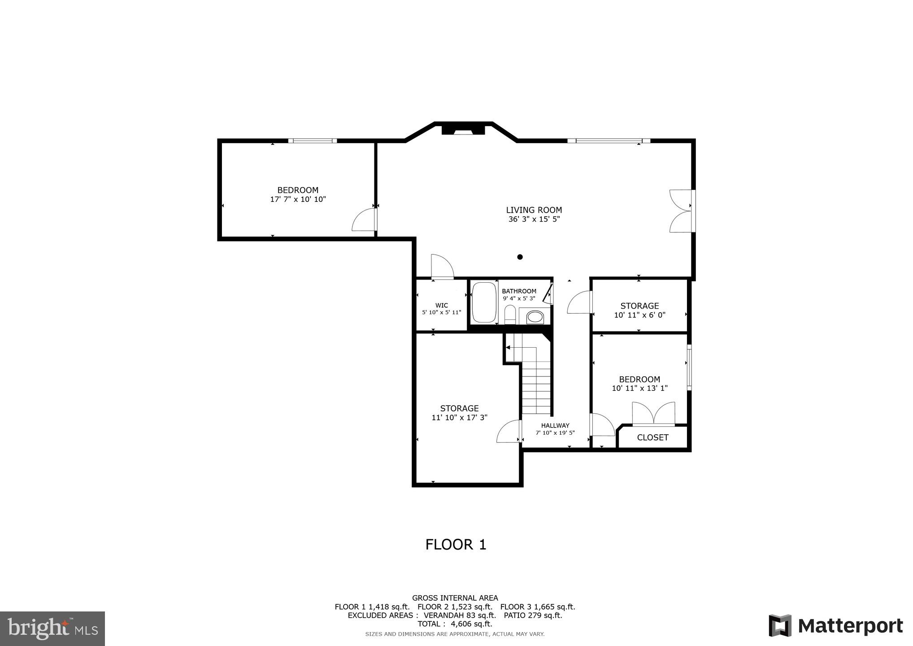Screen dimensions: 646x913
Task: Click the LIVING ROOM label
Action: pyautogui.click(x=534, y=210)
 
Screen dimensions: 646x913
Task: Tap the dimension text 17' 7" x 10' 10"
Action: pyautogui.click(x=298, y=200)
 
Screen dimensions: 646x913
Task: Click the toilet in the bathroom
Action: pyautogui.click(x=510, y=314)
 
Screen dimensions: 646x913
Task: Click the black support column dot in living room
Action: pyautogui.click(x=520, y=257)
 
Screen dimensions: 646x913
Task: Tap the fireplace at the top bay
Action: pyautogui.click(x=463, y=130)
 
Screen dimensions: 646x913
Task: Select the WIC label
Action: pyautogui.click(x=441, y=306)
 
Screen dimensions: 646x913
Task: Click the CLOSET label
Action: pyautogui.click(x=652, y=437)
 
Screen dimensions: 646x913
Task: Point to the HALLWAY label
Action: pyautogui.click(x=555, y=426)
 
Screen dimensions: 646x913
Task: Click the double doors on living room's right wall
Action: pyautogui.click(x=681, y=211)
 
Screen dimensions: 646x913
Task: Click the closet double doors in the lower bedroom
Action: pyautogui.click(x=653, y=414)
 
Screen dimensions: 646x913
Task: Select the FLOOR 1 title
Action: pyautogui.click(x=456, y=545)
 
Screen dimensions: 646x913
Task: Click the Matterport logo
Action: pyautogui.click(x=835, y=626)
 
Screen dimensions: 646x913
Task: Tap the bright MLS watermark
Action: pyautogui.click(x=52, y=629)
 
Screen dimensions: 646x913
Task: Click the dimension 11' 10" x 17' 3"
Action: pyautogui.click(x=459, y=418)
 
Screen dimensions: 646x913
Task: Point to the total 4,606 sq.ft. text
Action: pyautogui.click(x=455, y=624)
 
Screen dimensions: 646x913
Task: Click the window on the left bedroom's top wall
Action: pyautogui.click(x=313, y=141)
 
